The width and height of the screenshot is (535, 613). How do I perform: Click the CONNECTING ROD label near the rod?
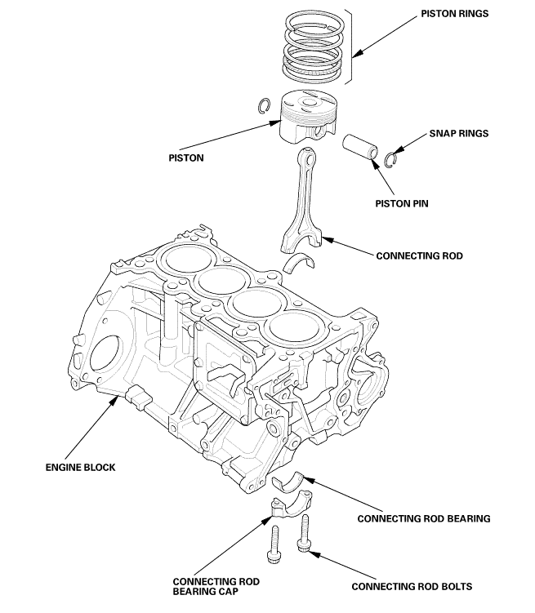pos(419,255)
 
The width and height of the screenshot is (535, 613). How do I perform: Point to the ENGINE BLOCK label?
pos(80,468)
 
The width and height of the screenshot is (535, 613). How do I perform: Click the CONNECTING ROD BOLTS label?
pos(411,586)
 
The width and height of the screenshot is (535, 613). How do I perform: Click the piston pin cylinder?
pos(359,147)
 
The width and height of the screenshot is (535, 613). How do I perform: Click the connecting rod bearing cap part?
pos(289,505)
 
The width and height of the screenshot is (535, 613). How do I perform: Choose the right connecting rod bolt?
pos(305,535)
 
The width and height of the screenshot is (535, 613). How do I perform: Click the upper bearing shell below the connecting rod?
pos(300,263)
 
